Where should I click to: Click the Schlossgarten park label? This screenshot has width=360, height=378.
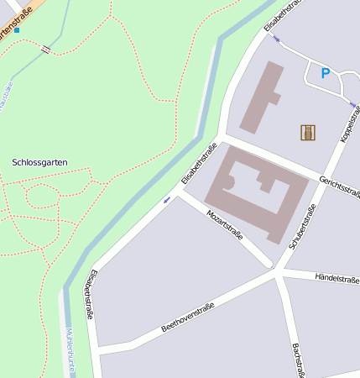pyautogui.click(x=39, y=161)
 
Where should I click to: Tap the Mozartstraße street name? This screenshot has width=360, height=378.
pyautogui.click(x=224, y=223)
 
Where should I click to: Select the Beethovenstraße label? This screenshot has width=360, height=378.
pyautogui.click(x=188, y=317)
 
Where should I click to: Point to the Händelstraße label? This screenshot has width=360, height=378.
pyautogui.click(x=337, y=277)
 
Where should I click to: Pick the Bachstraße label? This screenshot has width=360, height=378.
pyautogui.click(x=298, y=360)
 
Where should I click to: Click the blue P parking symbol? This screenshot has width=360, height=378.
pyautogui.click(x=325, y=74)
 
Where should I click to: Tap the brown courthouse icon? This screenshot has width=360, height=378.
pyautogui.click(x=308, y=132)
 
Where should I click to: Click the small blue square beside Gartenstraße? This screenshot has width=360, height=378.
pyautogui.click(x=16, y=30)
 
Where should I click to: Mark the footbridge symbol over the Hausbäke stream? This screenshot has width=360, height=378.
pyautogui.click(x=45, y=50)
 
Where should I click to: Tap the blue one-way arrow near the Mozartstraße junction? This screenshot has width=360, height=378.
pyautogui.click(x=166, y=199)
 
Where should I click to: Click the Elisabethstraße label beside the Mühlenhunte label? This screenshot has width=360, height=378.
pyautogui.click(x=90, y=293)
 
